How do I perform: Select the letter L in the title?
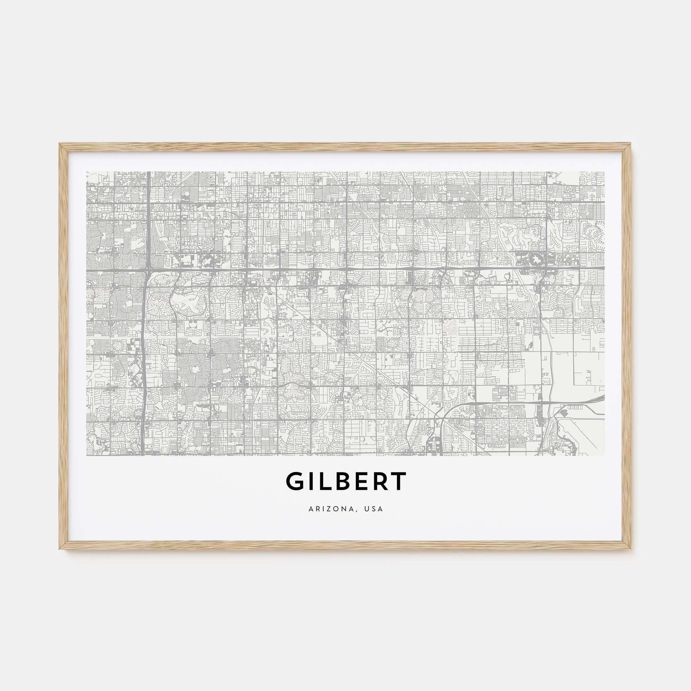click(325, 481)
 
